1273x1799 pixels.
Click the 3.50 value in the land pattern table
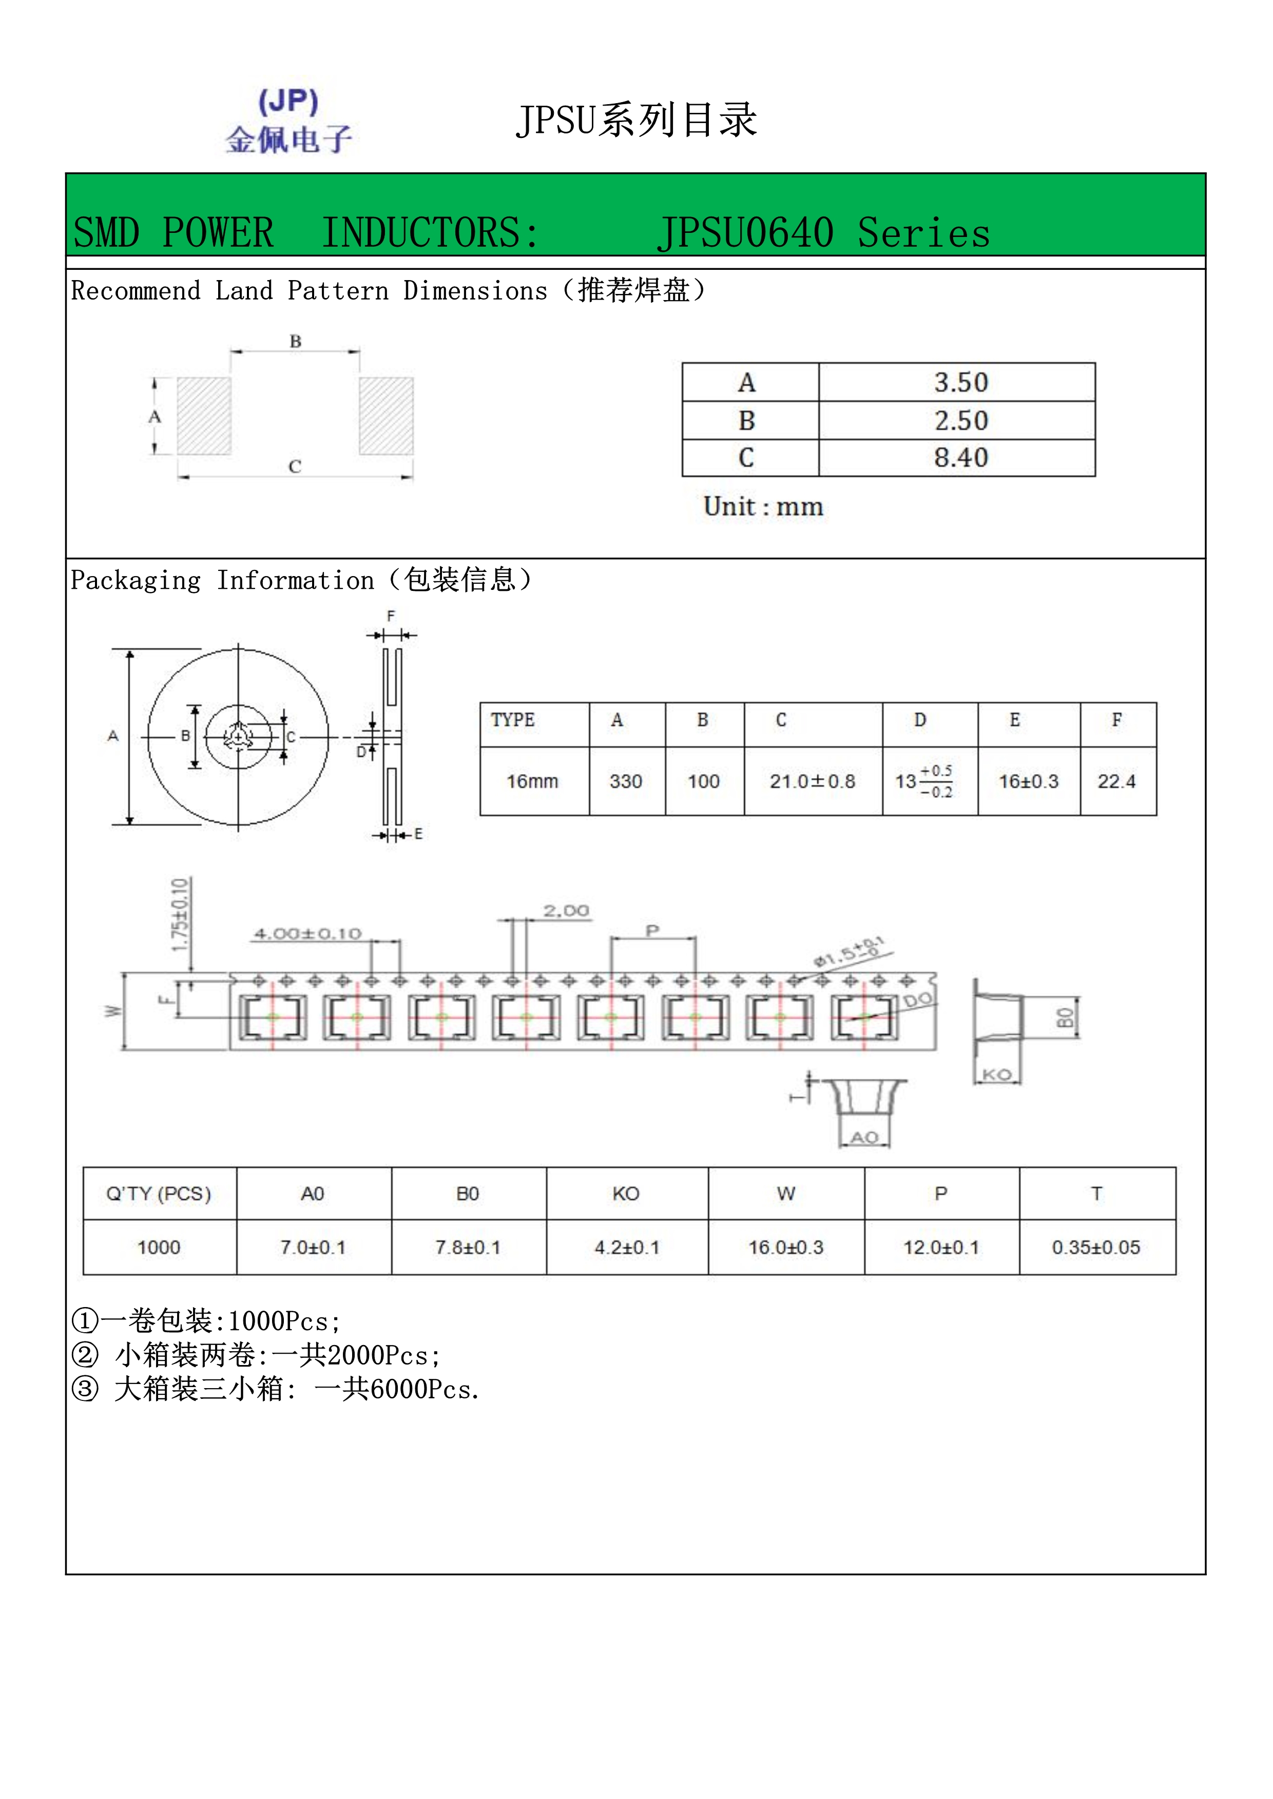[x=960, y=382]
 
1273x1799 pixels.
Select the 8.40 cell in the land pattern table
[x=960, y=458]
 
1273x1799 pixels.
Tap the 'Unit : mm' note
[x=763, y=507]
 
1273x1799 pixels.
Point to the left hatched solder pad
[x=204, y=416]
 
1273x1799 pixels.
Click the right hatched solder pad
[x=385, y=416]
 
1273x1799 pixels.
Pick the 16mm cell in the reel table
[x=532, y=781]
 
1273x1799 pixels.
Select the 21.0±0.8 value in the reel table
[x=812, y=781]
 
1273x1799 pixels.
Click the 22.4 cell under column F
[x=1116, y=781]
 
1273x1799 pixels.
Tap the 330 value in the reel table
[x=626, y=781]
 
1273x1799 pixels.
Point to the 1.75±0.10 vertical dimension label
[x=180, y=915]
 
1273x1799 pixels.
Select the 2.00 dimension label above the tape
[x=566, y=911]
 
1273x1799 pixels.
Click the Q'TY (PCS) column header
[x=159, y=1193]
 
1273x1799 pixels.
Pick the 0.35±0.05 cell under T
[x=1096, y=1248]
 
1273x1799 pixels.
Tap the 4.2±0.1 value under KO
[x=626, y=1248]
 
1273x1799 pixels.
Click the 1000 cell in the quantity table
[x=159, y=1248]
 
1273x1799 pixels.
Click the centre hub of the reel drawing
[x=238, y=737]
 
